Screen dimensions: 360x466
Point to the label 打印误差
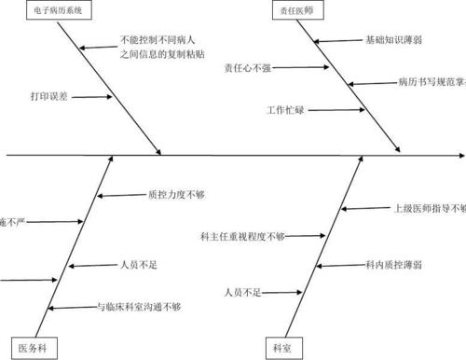pos(48,96)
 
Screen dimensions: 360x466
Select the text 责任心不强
pos(248,68)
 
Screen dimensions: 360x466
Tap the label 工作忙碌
pos(285,110)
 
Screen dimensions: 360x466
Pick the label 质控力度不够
pos(175,195)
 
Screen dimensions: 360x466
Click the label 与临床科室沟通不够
pos(152,306)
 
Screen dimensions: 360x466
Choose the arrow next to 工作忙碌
pos(331,110)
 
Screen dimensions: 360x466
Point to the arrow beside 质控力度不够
pos(119,195)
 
